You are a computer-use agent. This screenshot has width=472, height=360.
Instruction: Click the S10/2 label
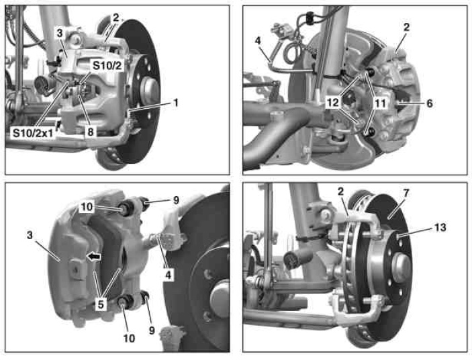click(107, 66)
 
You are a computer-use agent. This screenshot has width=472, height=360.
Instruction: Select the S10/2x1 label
click(32, 133)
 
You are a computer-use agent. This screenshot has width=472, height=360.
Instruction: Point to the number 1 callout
click(175, 103)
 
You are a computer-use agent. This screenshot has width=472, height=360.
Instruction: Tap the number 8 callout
click(91, 132)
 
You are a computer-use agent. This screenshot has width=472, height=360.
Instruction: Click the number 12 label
click(332, 103)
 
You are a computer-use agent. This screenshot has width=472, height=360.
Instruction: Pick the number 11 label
click(380, 103)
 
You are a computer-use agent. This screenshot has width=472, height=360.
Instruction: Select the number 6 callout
click(430, 103)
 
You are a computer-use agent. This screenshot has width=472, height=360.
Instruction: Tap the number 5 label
click(101, 304)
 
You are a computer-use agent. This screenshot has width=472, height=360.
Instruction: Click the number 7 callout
click(406, 193)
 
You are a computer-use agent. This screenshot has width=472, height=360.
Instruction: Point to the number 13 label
click(440, 227)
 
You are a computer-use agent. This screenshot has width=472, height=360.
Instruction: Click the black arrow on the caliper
click(93, 257)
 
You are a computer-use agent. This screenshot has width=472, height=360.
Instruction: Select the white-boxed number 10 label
click(87, 207)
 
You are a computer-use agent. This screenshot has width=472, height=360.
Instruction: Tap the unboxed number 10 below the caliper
click(129, 339)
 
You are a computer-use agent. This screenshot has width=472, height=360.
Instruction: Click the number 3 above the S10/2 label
click(60, 33)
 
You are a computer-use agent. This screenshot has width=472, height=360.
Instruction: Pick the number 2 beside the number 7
click(340, 191)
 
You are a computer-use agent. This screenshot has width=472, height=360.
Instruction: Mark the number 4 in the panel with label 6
click(258, 41)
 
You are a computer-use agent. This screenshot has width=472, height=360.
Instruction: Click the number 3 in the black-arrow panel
click(30, 235)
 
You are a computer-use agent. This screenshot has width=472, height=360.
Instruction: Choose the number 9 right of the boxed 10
click(176, 200)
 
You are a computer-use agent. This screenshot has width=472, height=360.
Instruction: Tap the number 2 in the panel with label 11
click(406, 27)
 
